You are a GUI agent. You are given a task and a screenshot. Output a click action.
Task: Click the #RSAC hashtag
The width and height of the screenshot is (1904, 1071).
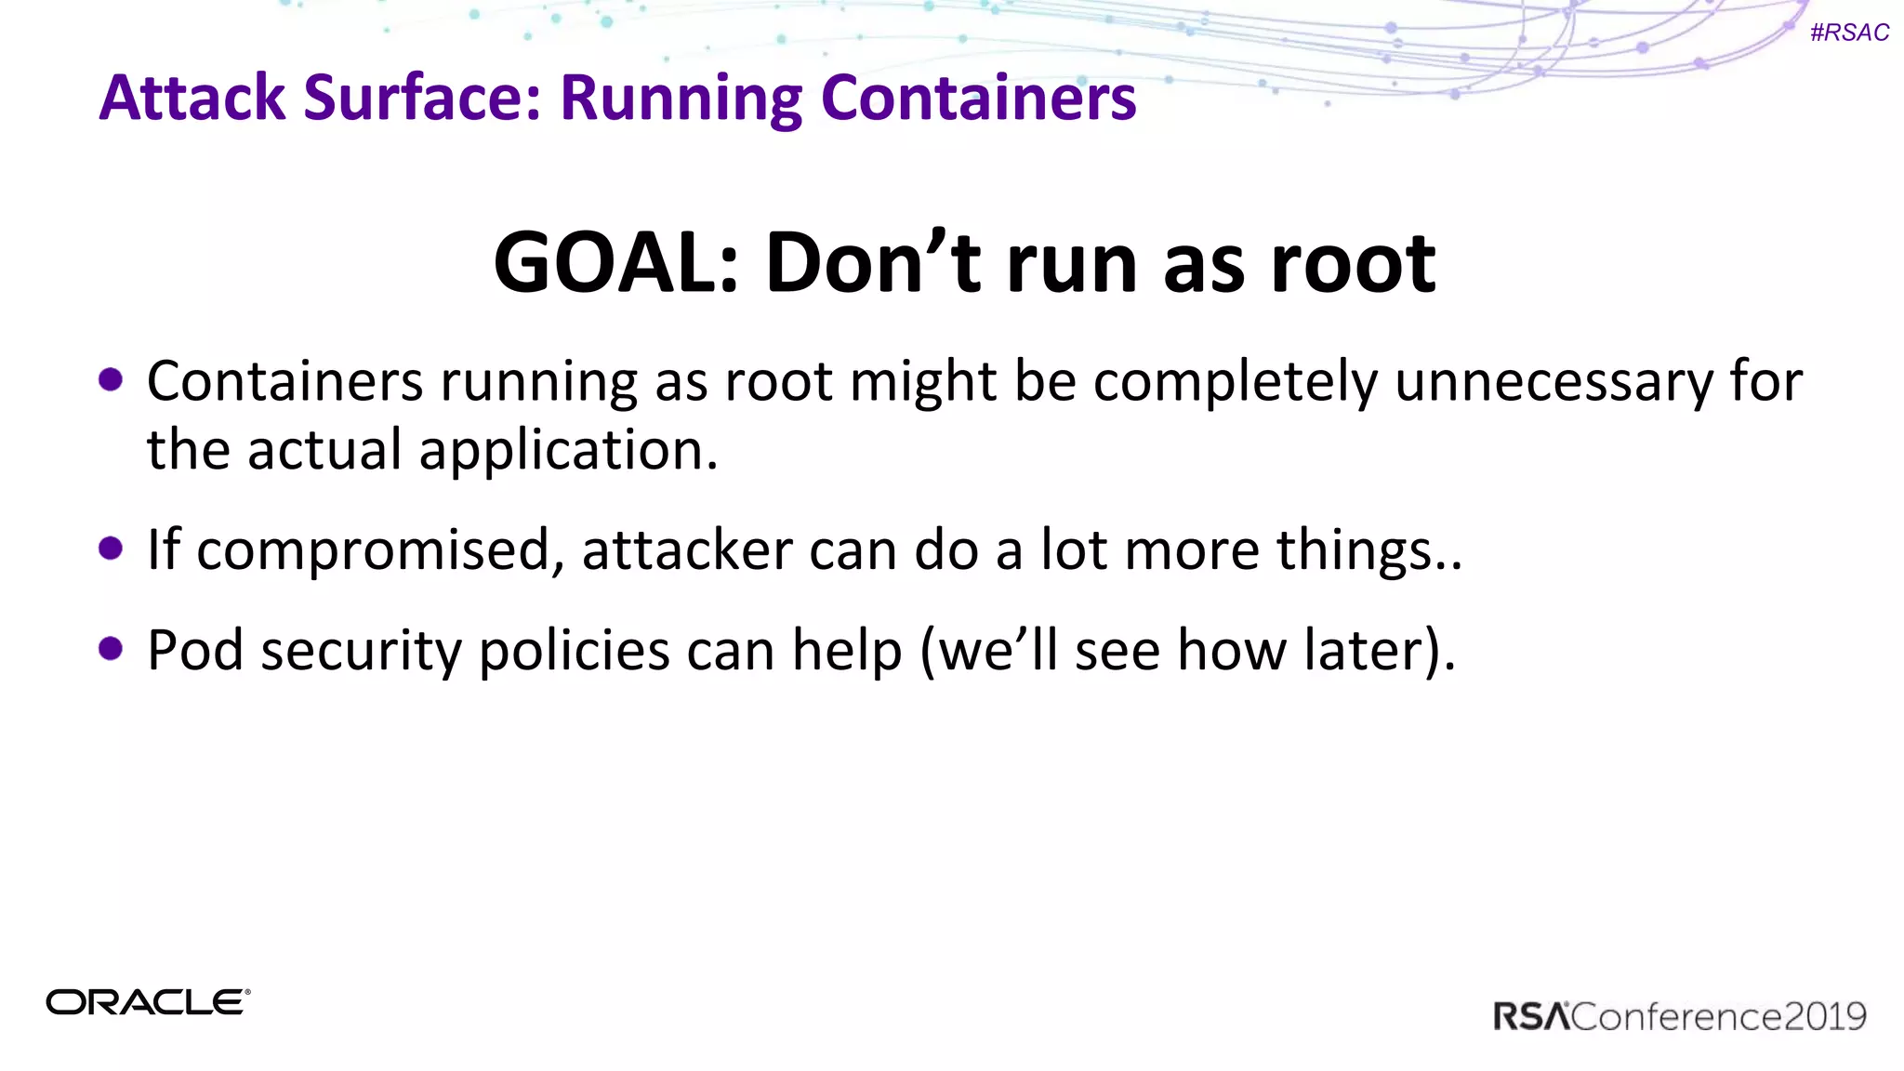[1849, 33]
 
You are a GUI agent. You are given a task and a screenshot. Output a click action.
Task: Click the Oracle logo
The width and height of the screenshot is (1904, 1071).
[148, 1002]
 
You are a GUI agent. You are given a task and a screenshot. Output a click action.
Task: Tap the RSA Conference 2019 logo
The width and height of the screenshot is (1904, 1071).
[1679, 1016]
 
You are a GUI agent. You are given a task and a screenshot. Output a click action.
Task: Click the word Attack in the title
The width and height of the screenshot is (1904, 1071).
[192, 98]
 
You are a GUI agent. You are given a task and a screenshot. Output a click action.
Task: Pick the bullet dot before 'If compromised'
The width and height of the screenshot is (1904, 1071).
[111, 549]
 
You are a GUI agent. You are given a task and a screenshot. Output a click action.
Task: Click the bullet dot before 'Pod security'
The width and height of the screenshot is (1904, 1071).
[111, 648]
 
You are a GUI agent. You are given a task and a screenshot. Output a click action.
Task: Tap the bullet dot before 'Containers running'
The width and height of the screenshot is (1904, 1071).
[111, 379]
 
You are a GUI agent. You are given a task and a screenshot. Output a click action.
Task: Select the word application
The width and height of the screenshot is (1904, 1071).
[568, 451]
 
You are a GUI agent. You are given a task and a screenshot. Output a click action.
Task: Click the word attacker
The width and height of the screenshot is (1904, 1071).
[686, 550]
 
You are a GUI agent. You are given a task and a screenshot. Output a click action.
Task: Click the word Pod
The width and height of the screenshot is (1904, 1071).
[195, 650]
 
